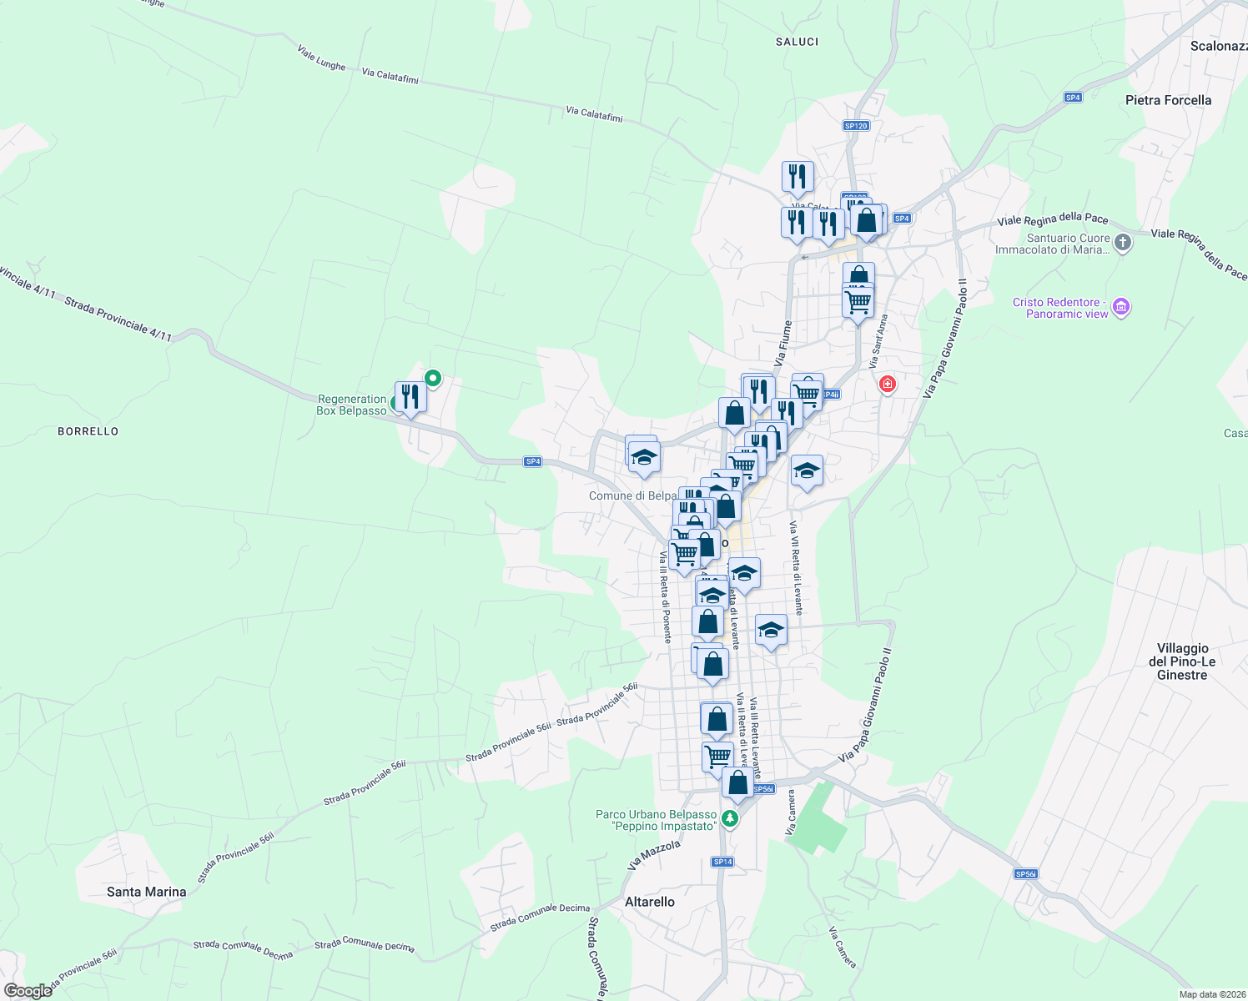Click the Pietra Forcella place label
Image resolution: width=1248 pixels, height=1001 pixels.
(1168, 100)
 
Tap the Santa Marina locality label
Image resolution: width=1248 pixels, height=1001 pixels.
(147, 892)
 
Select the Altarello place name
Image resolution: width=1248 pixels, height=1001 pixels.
(650, 902)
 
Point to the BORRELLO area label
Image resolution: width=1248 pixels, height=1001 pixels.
(88, 431)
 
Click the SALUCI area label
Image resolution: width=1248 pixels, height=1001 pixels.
(797, 42)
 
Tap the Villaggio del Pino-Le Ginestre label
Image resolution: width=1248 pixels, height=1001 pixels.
(1182, 661)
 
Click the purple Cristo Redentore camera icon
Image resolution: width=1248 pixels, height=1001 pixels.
(1121, 308)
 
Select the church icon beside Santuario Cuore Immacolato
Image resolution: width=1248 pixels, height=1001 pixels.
(1123, 243)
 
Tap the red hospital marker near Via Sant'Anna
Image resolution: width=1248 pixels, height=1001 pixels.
(887, 384)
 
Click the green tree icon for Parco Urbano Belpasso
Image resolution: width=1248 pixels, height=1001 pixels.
(730, 819)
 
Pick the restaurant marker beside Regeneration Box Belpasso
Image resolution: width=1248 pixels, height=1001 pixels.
(410, 396)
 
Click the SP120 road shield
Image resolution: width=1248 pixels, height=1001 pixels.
(856, 126)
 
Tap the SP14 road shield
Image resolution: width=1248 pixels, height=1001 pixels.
(722, 862)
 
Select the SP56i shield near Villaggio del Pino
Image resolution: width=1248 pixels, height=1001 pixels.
(1025, 874)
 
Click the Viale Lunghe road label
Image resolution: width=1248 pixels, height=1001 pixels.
(321, 58)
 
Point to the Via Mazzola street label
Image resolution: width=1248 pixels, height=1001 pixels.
(654, 855)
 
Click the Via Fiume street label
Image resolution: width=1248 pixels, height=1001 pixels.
(783, 344)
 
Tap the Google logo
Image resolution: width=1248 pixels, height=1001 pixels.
(28, 991)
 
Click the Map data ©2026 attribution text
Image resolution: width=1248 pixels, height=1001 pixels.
(1210, 994)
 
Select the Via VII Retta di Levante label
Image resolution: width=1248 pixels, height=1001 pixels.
(796, 568)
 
